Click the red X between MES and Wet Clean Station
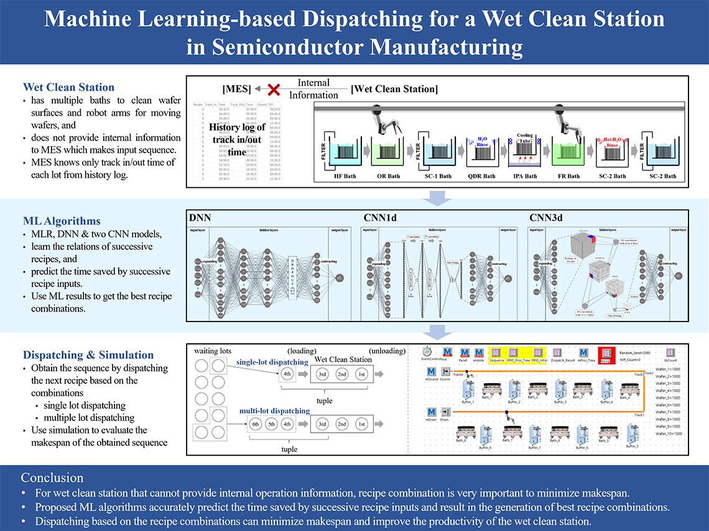point(271,89)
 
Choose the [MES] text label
point(237,89)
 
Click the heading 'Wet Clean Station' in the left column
point(68,87)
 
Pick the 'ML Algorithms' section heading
point(62,221)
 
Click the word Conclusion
point(52,478)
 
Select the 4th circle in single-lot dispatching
point(287,374)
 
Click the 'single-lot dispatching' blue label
point(272,362)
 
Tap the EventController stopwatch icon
point(427,351)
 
